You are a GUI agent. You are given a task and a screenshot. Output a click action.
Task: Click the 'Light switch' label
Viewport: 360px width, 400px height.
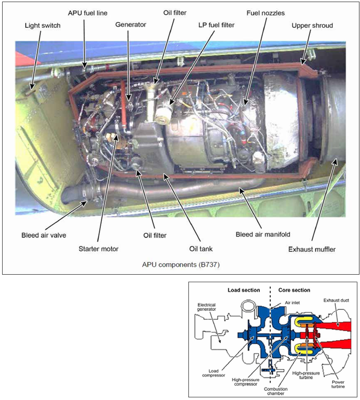point(43,26)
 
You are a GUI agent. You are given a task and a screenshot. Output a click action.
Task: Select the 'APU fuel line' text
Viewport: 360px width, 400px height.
point(88,13)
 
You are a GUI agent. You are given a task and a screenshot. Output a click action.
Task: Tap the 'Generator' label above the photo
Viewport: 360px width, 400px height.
point(131,25)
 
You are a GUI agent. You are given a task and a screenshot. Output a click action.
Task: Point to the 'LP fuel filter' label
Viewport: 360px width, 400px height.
point(217,25)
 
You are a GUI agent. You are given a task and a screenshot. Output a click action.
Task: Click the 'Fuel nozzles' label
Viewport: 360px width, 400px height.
point(266,13)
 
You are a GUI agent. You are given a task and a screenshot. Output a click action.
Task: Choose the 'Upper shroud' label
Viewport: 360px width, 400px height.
point(312,26)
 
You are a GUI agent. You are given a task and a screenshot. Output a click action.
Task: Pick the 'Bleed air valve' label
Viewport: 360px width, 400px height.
point(44,235)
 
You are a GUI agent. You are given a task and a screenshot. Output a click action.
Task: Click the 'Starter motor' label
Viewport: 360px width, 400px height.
point(99,248)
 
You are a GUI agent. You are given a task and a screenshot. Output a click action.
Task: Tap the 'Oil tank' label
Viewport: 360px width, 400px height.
point(201,248)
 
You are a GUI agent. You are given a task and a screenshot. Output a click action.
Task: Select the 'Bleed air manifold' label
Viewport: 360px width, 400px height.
point(263,234)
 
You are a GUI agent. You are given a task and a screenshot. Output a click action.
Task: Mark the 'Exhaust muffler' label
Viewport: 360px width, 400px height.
point(312,249)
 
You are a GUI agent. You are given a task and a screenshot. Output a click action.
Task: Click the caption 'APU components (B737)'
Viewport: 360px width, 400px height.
point(181,265)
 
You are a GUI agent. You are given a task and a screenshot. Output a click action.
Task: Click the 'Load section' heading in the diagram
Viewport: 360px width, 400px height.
point(244,290)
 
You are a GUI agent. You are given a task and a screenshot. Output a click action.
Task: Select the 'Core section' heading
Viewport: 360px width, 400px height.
point(294,290)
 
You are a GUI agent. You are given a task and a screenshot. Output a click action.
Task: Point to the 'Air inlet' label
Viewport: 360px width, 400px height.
point(292,303)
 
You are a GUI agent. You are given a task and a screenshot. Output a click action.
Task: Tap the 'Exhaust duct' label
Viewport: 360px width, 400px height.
point(336,300)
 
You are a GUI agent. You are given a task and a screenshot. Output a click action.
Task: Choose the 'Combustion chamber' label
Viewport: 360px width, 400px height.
point(276,391)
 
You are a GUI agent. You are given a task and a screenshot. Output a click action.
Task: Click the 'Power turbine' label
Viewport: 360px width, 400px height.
point(338,384)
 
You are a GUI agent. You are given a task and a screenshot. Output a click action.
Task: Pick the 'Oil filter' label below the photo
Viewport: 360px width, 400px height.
point(155,235)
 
